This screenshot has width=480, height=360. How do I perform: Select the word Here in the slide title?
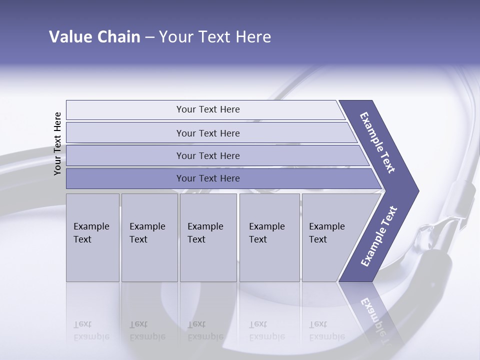point(253,37)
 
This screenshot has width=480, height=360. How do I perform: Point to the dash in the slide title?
point(149,37)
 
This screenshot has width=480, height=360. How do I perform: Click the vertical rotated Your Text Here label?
point(57,143)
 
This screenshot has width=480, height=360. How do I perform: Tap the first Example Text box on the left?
point(92,237)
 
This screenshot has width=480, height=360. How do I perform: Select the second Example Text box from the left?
point(149,237)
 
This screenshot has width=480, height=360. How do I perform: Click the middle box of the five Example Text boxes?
point(208,237)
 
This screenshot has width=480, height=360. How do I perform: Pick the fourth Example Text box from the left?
point(269,237)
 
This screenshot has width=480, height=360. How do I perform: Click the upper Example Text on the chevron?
point(377,142)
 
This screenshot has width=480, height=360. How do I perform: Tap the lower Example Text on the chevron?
point(379,236)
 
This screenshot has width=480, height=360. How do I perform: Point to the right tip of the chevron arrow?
point(417,191)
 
